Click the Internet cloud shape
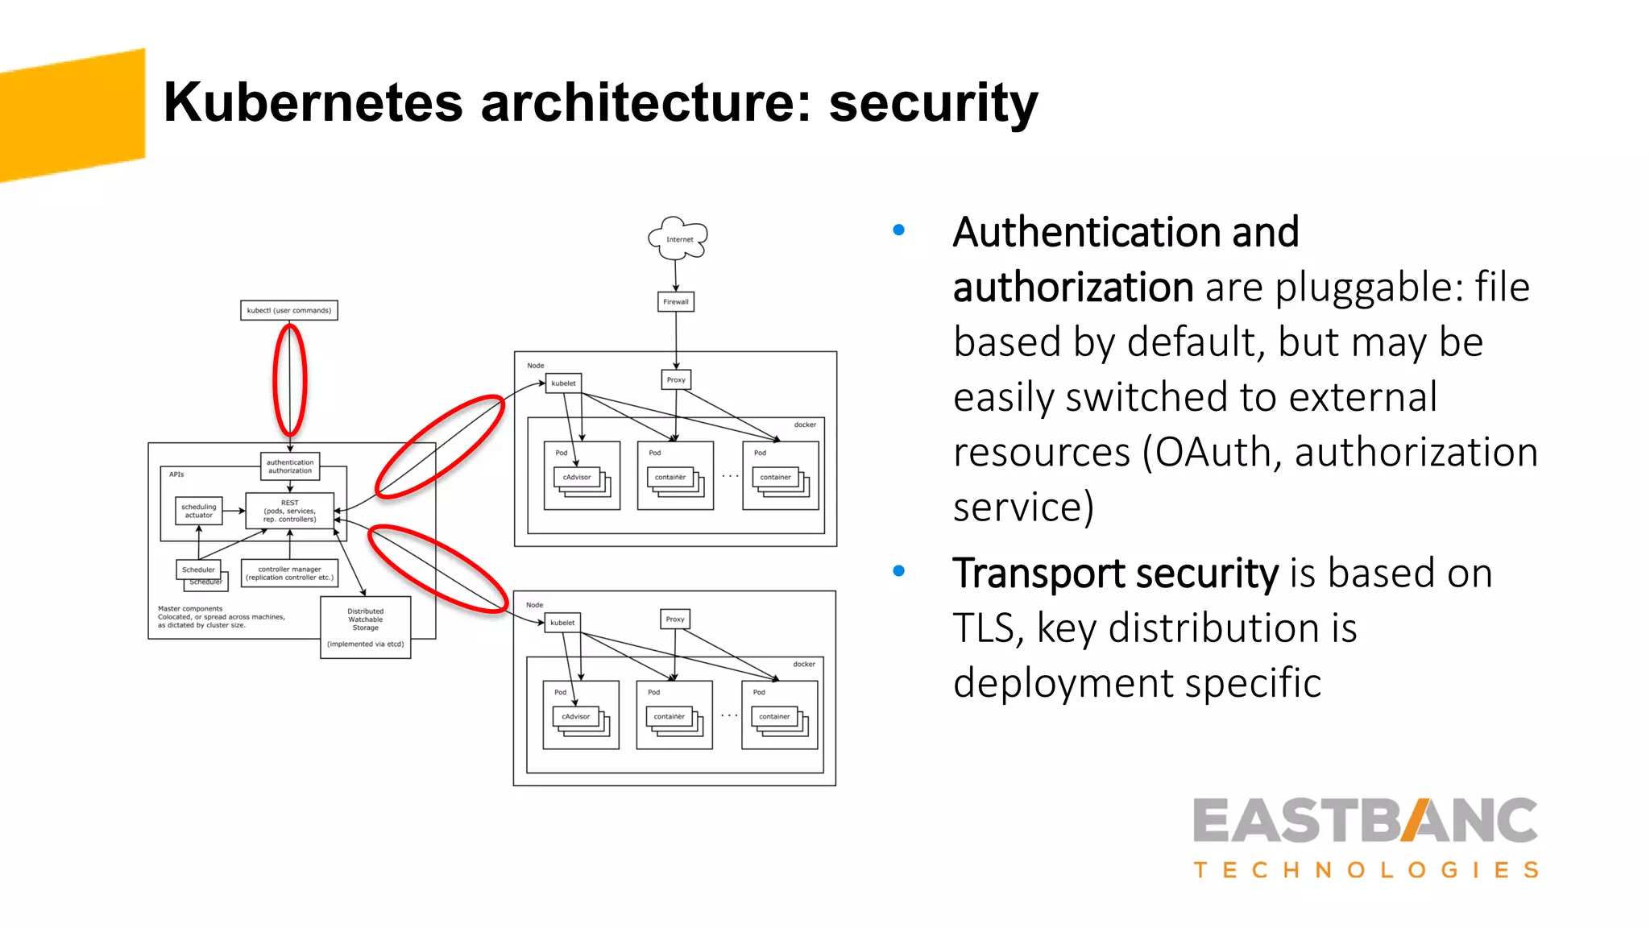point(678,238)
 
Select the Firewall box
point(676,302)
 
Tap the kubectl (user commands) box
point(289,310)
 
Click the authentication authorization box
point(290,466)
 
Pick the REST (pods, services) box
point(290,511)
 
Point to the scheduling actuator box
point(199,511)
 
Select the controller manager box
point(289,573)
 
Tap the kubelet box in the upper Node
point(563,383)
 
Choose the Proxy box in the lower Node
point(675,619)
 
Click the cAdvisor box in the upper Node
point(577,477)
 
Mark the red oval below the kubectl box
point(290,379)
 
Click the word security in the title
point(933,103)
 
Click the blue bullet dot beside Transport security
point(899,572)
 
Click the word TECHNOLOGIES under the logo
point(1366,870)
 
